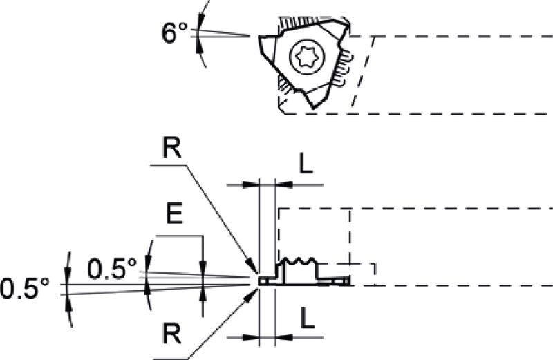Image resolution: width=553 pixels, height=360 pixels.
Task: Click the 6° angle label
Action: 174,32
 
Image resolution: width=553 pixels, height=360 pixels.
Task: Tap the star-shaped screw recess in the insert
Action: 306,57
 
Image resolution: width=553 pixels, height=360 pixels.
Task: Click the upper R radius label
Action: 171,148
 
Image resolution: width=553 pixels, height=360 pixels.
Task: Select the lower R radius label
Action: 171,334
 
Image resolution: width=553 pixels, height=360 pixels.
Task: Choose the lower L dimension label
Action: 307,318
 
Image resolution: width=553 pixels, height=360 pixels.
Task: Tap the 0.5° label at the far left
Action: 25,288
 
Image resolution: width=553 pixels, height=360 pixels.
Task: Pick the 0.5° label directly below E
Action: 112,269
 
